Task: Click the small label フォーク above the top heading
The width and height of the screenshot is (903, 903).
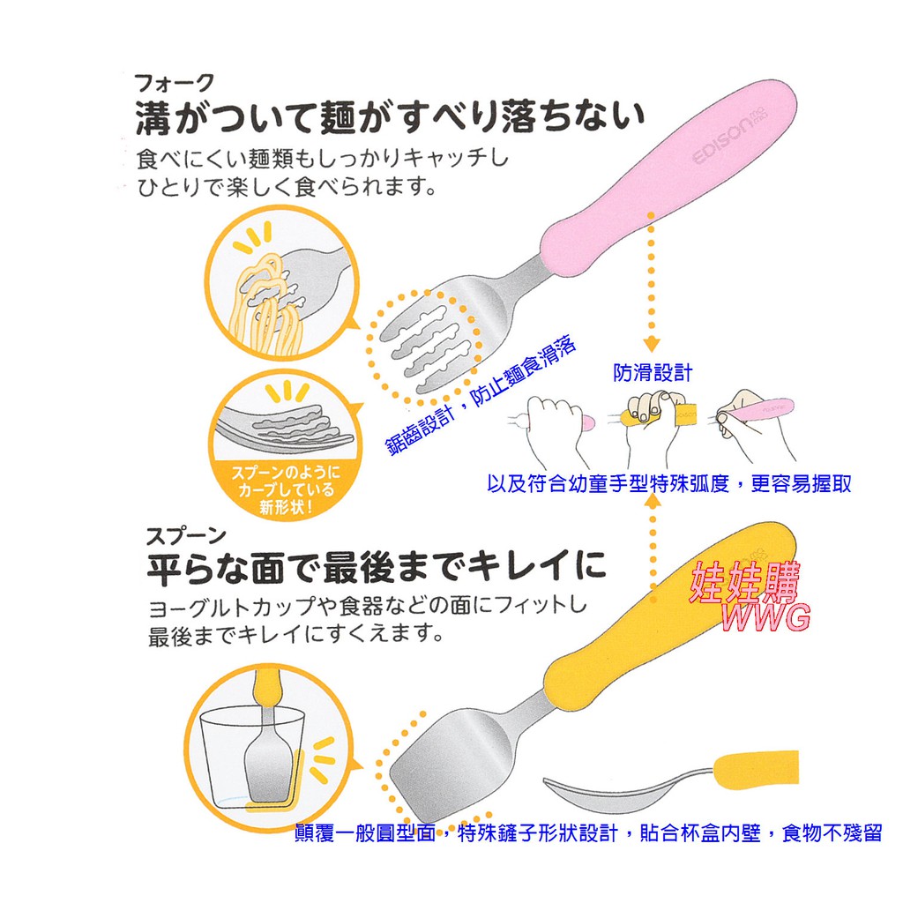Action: coord(175,84)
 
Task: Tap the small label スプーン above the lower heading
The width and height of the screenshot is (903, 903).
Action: coord(186,537)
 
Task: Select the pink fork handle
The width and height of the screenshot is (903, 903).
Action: coord(668,178)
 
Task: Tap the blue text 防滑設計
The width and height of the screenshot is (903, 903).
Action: coord(653,373)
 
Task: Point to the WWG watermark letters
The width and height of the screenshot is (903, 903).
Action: coord(766,617)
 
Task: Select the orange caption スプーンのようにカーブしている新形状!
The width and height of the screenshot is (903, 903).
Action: coord(287,490)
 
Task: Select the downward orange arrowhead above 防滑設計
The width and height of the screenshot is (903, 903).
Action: coord(652,344)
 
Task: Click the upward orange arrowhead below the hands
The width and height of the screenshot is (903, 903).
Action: coord(653,501)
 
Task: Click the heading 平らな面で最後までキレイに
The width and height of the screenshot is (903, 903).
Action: coord(377,567)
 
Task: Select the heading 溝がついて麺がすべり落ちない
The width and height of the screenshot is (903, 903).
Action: coord(390,117)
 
